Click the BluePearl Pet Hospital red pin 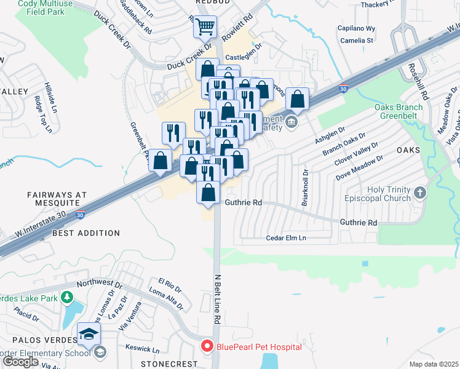[208, 347]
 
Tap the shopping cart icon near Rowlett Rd [205, 27]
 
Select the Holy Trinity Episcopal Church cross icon [420, 194]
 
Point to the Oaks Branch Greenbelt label [399, 111]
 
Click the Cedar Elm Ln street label [286, 238]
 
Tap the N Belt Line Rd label [217, 300]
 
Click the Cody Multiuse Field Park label [48, 6]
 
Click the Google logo [20, 361]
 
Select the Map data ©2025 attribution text [434, 364]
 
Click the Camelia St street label [357, 41]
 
